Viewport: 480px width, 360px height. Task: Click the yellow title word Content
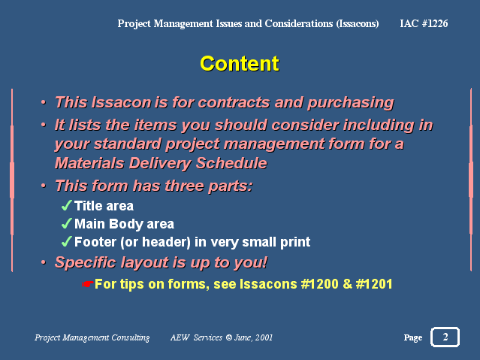coord(240,64)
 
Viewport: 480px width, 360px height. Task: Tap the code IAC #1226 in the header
coord(424,23)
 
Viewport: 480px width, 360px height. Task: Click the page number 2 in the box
coord(445,337)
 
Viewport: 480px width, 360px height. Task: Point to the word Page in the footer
coord(413,337)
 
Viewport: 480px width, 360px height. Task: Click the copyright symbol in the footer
coord(228,337)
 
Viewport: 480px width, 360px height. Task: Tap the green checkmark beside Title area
coord(66,205)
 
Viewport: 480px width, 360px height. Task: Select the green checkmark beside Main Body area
coord(66,223)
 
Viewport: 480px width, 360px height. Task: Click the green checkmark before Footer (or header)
coord(66,241)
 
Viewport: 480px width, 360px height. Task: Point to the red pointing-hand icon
coord(88,284)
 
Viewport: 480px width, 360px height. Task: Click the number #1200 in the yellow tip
coord(319,284)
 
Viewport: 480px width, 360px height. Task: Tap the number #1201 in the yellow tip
coord(374,284)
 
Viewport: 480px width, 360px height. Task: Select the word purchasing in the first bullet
coord(351,103)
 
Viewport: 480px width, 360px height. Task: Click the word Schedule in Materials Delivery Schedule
coord(231,163)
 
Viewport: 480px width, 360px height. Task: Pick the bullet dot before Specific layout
coord(44,262)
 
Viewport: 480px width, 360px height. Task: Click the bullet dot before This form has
coord(44,186)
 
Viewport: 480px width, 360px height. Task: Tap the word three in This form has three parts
coord(185,186)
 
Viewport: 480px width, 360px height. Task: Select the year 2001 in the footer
coord(264,337)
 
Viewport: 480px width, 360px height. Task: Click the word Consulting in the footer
coord(131,337)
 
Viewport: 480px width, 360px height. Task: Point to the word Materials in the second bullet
coord(89,163)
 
